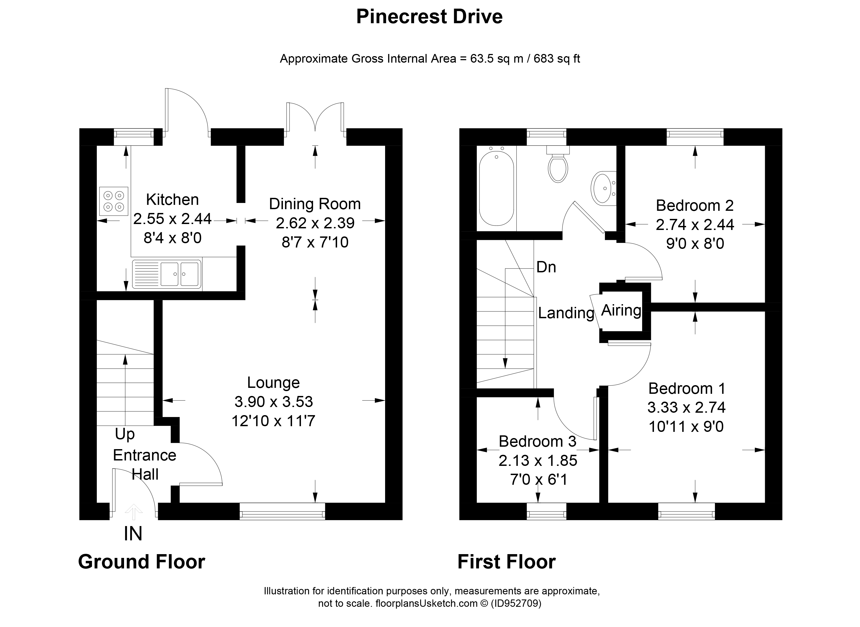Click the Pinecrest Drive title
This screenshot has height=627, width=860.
tap(429, 17)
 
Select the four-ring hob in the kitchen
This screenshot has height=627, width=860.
tap(114, 201)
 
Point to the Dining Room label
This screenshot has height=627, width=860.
tap(315, 204)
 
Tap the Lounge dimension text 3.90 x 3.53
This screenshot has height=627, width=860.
tap(273, 402)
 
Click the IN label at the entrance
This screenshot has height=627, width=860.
tap(133, 534)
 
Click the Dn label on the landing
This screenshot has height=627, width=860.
tap(546, 267)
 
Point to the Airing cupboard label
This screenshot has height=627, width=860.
tap(621, 310)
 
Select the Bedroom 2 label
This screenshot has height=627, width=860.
tap(695, 206)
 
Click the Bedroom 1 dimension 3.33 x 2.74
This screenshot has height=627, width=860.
tap(686, 408)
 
